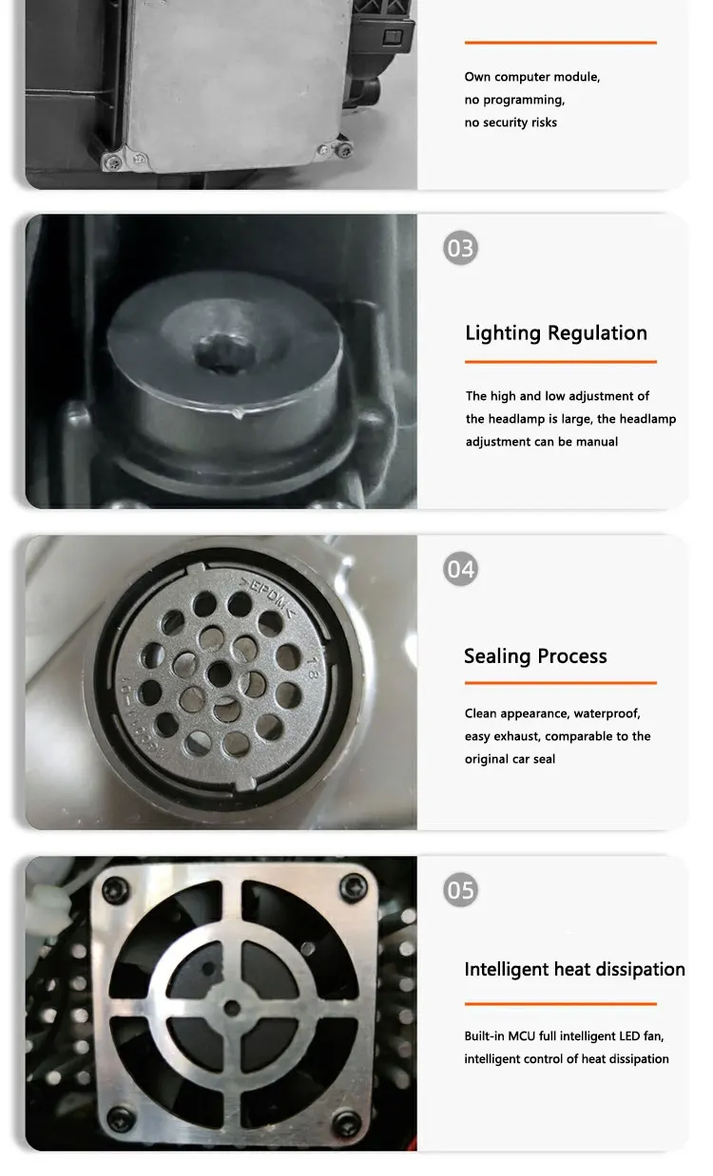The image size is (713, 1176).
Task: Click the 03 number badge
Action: point(460,248)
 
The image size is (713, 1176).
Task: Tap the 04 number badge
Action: point(460,569)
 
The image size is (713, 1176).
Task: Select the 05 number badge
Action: point(460,890)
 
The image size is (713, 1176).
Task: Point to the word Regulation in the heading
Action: point(597,332)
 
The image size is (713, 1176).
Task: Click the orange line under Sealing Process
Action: point(561,683)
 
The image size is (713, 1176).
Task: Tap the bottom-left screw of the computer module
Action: point(111,162)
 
